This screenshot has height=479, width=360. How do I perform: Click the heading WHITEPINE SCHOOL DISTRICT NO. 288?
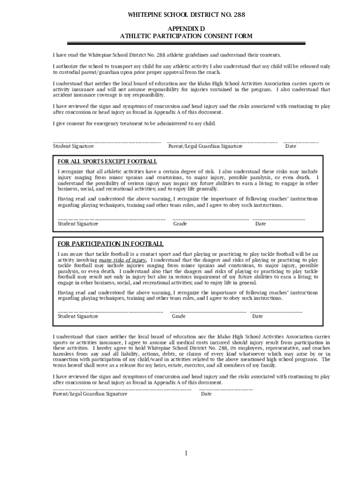pyautogui.click(x=186, y=15)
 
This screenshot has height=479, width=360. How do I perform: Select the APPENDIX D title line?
pyautogui.click(x=186, y=29)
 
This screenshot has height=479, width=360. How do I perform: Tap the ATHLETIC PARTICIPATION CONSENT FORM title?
pyautogui.click(x=186, y=36)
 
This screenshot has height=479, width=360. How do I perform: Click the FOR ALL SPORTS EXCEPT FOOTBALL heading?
pyautogui.click(x=107, y=161)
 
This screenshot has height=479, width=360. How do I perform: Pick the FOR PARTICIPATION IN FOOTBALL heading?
pyautogui.click(x=110, y=244)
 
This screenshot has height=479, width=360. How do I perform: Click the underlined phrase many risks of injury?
pyautogui.click(x=123, y=260)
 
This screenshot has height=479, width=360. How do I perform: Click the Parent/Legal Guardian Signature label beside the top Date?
pyautogui.click(x=205, y=146)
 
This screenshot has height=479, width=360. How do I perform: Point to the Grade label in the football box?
pyautogui.click(x=179, y=316)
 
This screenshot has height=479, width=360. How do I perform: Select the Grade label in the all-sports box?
pyautogui.click(x=180, y=224)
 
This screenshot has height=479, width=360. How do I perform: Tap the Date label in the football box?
pyautogui.click(x=258, y=316)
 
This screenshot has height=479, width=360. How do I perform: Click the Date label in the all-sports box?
pyautogui.click(x=260, y=224)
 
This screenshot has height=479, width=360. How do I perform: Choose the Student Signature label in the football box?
pyautogui.click(x=78, y=316)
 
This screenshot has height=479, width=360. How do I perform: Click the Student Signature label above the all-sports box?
pyautogui.click(x=73, y=146)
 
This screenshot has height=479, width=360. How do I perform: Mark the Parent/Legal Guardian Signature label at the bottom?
pyautogui.click(x=90, y=394)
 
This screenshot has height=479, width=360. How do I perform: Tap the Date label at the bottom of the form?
pyautogui.click(x=206, y=394)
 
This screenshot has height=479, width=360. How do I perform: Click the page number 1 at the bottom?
pyautogui.click(x=186, y=453)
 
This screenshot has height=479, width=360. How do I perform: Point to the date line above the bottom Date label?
pyautogui.click(x=226, y=389)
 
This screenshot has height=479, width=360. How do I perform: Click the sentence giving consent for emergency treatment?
pyautogui.click(x=134, y=123)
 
